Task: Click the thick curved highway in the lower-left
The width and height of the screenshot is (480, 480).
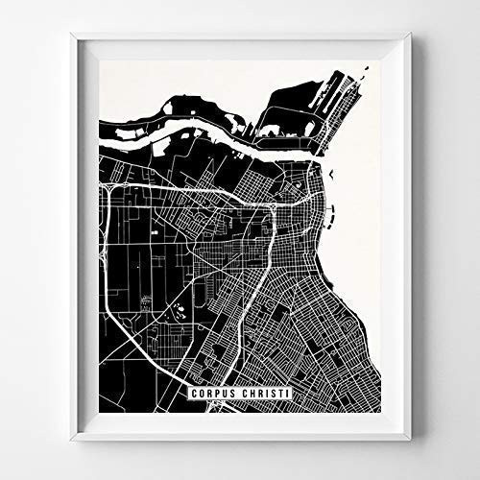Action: (125, 317)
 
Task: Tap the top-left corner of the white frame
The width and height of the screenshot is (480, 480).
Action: (71, 36)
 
